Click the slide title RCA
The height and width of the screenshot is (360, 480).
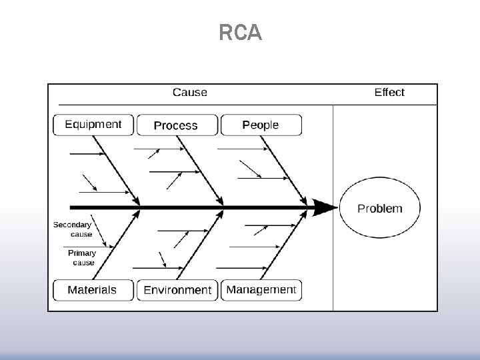click(240, 33)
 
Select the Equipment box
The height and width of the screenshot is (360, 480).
click(93, 125)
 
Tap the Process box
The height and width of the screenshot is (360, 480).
click(177, 125)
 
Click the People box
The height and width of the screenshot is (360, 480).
click(261, 125)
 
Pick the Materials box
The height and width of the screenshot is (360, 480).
click(93, 290)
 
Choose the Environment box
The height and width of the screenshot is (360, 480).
click(177, 290)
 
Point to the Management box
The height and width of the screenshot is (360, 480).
click(261, 290)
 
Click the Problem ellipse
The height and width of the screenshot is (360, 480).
click(380, 209)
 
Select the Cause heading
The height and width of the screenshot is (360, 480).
click(190, 93)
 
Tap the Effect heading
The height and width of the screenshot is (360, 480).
click(389, 93)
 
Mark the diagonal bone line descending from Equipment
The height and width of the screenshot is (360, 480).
click(115, 170)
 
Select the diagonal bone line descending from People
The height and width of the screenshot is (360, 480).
click(285, 170)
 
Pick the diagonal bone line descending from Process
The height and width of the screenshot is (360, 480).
click(200, 170)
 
